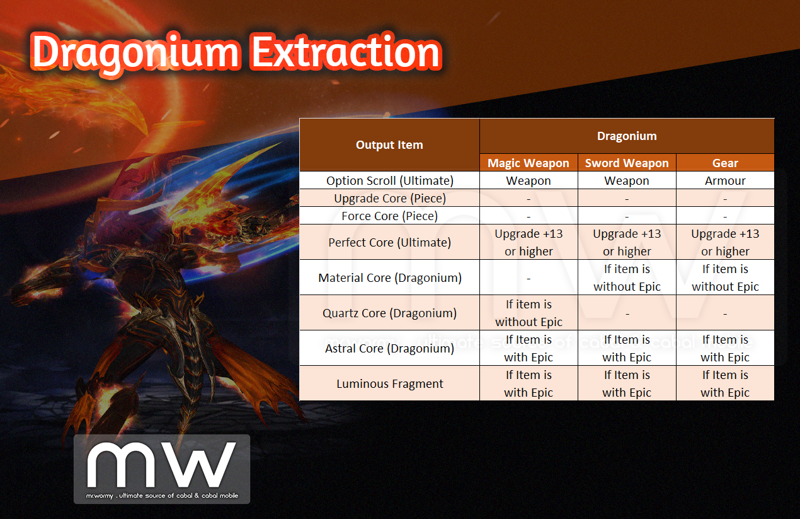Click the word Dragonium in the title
135,54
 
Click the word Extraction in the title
346,52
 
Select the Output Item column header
389,145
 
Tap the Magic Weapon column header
529,163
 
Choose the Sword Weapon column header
627,163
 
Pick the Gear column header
725,163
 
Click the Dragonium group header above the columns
627,136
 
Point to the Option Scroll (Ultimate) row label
390,181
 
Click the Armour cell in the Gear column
725,181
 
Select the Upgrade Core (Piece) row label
390,199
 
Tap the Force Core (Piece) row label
390,216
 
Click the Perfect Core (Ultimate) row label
390,243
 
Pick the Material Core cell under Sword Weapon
627,277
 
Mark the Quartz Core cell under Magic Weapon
529,313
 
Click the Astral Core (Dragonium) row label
390,349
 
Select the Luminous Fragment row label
390,384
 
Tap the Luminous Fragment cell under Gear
725,383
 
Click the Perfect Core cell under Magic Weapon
529,242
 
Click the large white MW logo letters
161,465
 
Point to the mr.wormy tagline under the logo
162,496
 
